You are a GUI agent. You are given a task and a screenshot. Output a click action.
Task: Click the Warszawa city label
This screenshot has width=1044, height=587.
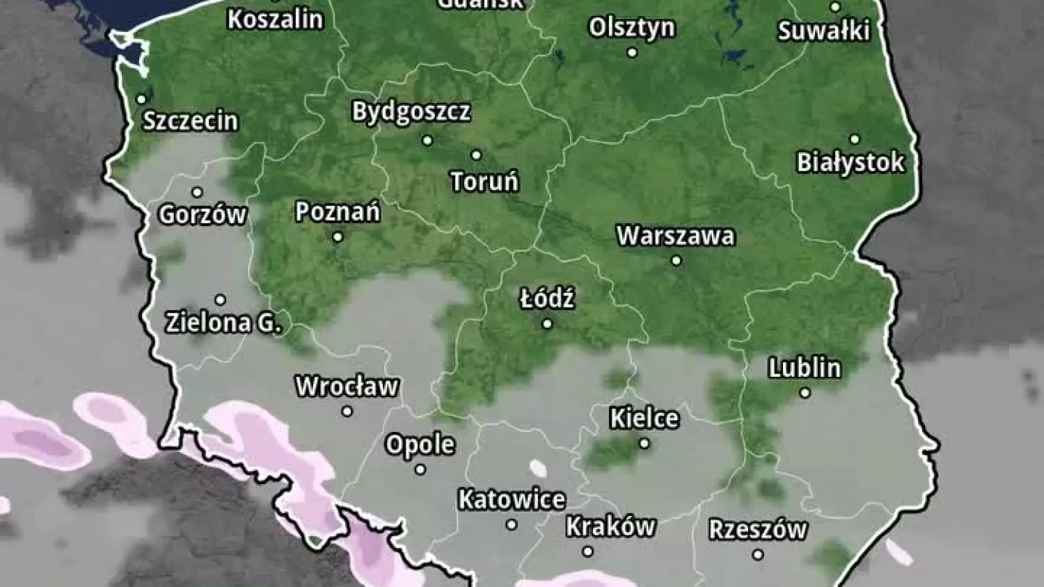click(675, 236)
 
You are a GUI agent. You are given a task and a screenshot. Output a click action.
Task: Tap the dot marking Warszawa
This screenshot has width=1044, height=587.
click(676, 261)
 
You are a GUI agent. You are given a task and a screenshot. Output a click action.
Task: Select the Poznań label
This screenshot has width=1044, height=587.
click(338, 211)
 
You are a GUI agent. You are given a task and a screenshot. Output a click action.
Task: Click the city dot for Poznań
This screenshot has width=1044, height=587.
click(338, 237)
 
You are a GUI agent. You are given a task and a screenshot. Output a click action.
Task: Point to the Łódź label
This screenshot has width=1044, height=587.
click(547, 299)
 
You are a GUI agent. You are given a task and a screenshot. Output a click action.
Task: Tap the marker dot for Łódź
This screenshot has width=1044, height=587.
click(547, 323)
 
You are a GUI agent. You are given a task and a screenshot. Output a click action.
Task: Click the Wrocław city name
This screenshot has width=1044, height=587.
click(347, 386)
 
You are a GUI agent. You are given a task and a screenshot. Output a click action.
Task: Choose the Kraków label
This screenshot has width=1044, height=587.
click(610, 526)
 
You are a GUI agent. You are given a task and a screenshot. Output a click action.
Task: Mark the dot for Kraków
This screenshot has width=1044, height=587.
click(588, 552)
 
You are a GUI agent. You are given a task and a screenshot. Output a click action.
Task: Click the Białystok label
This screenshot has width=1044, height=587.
click(851, 163)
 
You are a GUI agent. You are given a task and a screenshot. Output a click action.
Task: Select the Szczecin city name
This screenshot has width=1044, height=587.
click(191, 121)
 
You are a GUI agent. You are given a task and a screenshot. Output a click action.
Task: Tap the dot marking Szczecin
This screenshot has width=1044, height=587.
click(141, 99)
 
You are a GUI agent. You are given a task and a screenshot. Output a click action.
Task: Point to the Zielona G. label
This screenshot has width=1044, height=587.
click(223, 323)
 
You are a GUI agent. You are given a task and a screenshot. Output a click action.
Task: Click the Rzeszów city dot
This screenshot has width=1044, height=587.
click(758, 554)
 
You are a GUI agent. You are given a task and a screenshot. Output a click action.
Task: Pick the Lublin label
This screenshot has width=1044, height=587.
click(805, 368)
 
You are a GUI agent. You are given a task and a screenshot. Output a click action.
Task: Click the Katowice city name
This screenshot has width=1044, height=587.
click(512, 499)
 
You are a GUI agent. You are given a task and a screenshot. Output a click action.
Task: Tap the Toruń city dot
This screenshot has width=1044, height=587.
click(476, 155)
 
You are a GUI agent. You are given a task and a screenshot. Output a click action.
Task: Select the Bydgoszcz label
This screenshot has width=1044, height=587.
click(411, 112)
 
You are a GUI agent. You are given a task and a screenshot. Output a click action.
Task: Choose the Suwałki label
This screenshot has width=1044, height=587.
click(824, 31)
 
